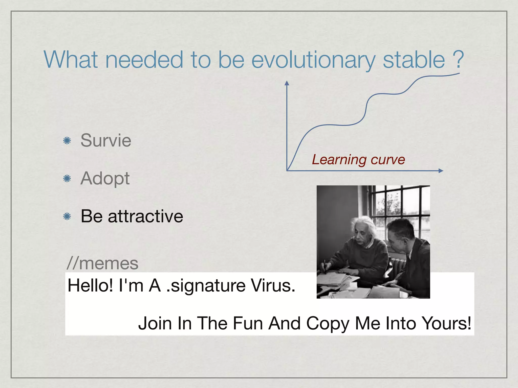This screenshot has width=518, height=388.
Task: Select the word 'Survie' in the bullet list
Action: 106,140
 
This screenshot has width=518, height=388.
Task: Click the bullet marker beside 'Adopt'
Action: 67,179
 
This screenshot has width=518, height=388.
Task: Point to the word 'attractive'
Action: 145,216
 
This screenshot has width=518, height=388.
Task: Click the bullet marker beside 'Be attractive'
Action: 67,216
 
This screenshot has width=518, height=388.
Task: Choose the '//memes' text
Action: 102,263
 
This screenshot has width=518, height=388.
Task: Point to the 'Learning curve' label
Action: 358,160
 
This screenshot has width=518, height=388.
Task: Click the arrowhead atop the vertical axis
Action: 287,83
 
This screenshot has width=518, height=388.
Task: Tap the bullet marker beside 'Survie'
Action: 67,140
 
